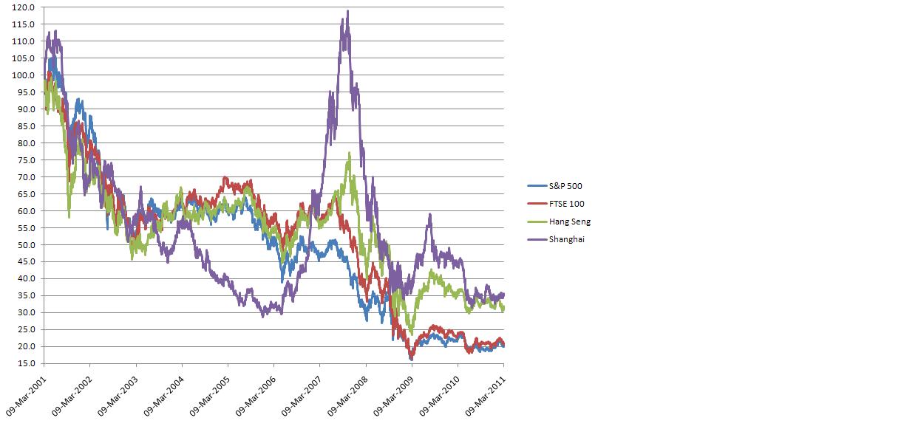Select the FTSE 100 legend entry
pos(566,204)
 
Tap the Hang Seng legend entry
pos(569,222)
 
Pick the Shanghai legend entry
pos(566,239)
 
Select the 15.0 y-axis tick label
pos(27,364)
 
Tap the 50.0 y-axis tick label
pos(27,245)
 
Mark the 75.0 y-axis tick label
pos(27,160)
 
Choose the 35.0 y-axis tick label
pos(27,296)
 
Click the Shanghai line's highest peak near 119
pos(347,11)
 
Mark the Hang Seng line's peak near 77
pos(349,153)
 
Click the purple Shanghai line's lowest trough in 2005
pos(263,316)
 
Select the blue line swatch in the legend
pos(536,186)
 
